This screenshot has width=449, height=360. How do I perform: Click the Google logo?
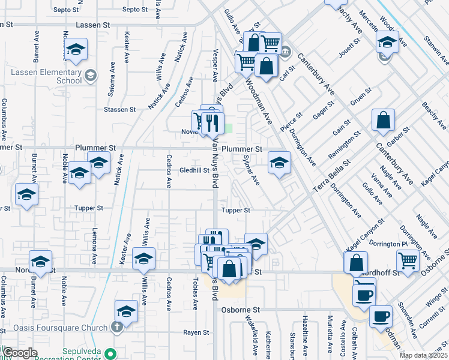(19, 353)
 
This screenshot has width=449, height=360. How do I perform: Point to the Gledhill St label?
(194, 170)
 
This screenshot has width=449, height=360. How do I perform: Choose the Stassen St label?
(119, 110)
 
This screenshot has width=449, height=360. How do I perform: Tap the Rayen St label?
(196, 332)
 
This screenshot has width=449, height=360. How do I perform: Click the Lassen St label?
(93, 25)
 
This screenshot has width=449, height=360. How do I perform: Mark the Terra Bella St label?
(331, 176)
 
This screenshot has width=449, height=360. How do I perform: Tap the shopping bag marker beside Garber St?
(383, 120)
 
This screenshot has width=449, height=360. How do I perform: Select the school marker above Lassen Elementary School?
(76, 49)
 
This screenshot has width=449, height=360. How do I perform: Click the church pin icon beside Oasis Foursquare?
(117, 327)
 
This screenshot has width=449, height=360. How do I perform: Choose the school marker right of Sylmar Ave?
(279, 162)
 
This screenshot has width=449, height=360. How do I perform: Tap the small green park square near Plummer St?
(228, 128)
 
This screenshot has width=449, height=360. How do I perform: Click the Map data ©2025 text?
(424, 355)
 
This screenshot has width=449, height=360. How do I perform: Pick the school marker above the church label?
(126, 310)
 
